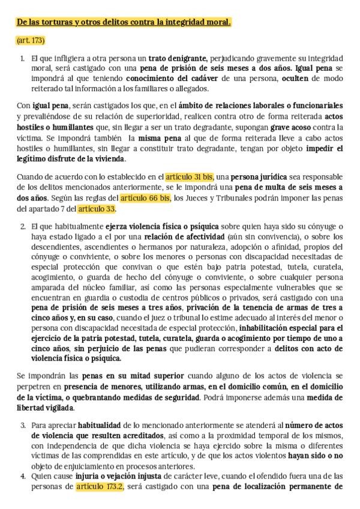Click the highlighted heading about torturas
(124, 22)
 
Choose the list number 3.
(22, 425)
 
